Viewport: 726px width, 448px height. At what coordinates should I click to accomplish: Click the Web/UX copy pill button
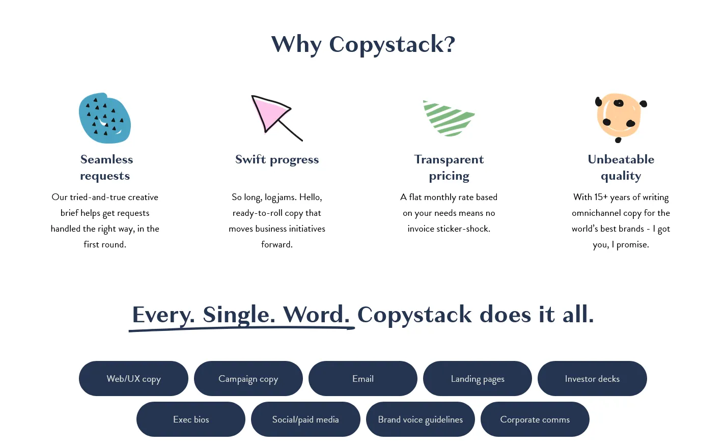click(x=133, y=378)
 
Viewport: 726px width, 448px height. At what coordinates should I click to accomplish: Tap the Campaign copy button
click(x=248, y=378)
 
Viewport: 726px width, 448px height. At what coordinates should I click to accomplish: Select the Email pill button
click(x=363, y=378)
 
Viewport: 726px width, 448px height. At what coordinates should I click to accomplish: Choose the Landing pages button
click(x=478, y=378)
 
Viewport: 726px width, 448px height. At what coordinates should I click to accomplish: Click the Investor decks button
click(x=592, y=378)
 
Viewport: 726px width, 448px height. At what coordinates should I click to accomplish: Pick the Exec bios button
click(x=191, y=419)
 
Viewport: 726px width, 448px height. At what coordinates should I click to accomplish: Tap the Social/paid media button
click(x=305, y=419)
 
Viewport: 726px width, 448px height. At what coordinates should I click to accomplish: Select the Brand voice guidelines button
click(x=421, y=419)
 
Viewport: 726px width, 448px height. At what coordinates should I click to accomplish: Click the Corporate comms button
click(x=535, y=419)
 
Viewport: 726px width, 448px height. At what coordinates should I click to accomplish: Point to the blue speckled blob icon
click(x=105, y=118)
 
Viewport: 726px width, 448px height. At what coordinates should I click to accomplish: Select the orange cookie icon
click(x=620, y=118)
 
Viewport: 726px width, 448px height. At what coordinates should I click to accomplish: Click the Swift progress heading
click(x=277, y=159)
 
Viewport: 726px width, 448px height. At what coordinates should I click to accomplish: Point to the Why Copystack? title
click(x=363, y=44)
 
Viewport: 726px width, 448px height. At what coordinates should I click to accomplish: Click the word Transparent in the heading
click(x=449, y=159)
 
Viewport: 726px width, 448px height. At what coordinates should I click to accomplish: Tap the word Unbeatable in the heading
click(x=621, y=159)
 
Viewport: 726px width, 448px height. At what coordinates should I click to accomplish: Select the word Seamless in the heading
click(x=106, y=159)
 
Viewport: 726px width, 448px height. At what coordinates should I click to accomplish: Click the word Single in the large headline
click(x=239, y=315)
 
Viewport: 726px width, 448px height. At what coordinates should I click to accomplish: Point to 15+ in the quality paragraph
click(x=601, y=197)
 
